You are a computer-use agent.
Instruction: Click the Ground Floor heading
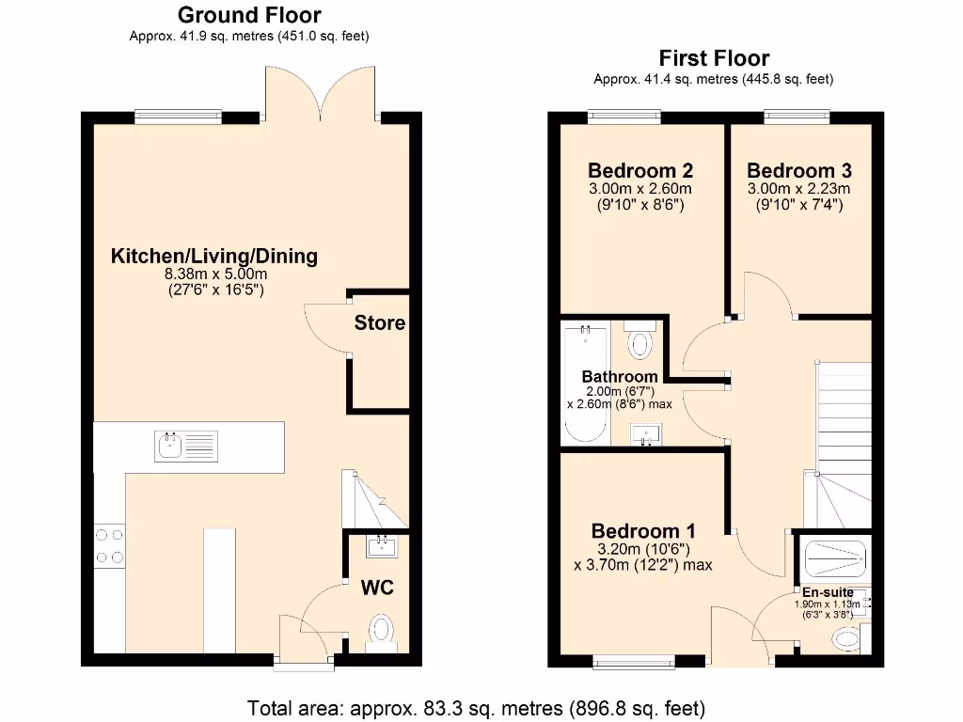(248, 15)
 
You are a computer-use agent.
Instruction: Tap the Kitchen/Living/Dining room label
(214, 256)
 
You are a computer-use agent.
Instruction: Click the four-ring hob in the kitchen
(109, 544)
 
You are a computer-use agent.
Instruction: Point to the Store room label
(380, 323)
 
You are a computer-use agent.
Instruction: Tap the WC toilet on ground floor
(382, 631)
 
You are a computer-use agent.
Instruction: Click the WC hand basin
(383, 544)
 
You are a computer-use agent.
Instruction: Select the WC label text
(377, 589)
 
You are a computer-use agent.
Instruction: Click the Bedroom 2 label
(640, 171)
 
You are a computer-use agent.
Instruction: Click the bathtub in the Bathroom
(584, 385)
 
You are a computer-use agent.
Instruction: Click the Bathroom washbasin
(646, 434)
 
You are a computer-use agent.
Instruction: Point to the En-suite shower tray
(833, 558)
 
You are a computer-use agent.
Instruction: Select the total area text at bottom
(475, 707)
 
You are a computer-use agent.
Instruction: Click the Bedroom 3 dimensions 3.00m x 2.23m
(798, 188)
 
